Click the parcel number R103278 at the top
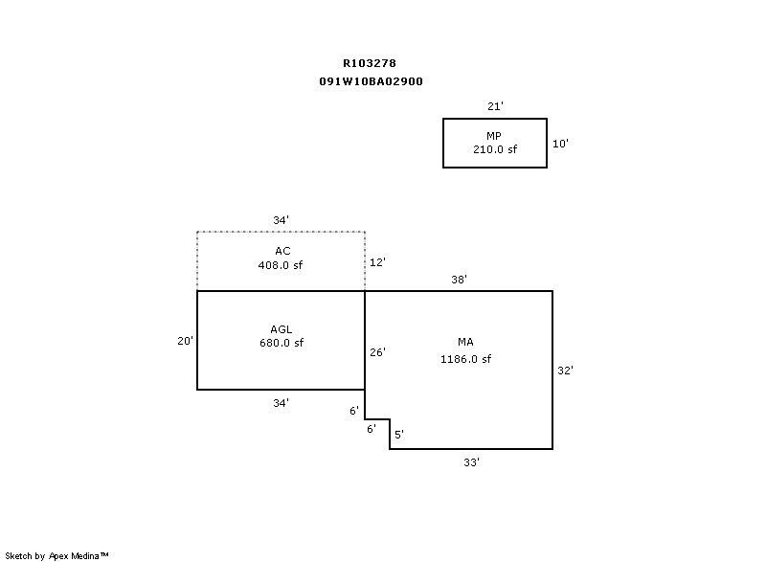[370, 63]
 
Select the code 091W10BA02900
[371, 81]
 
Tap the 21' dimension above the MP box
[495, 106]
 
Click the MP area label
[494, 136]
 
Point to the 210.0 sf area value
[494, 149]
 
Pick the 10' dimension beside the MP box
[561, 144]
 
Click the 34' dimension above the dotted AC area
[281, 220]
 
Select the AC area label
[281, 251]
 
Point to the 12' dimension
[377, 261]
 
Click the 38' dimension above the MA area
[459, 280]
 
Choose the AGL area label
[281, 329]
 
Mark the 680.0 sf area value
[281, 343]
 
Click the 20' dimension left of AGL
[186, 340]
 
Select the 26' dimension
[377, 352]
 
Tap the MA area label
[465, 342]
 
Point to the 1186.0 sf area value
[465, 359]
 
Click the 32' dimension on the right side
[565, 370]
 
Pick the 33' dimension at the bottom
[471, 461]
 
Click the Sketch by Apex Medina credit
[57, 554]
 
